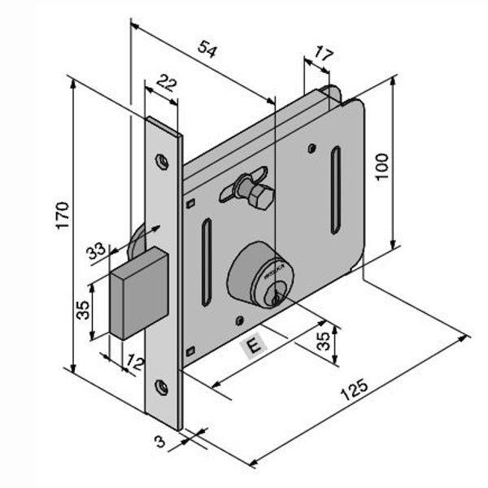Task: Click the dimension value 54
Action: coord(208,50)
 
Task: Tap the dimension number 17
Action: coord(323,55)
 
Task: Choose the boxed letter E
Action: coord(253,346)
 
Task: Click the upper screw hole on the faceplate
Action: coord(163,163)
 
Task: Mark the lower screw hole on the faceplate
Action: coord(162,387)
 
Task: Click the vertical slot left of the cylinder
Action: coord(207,263)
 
